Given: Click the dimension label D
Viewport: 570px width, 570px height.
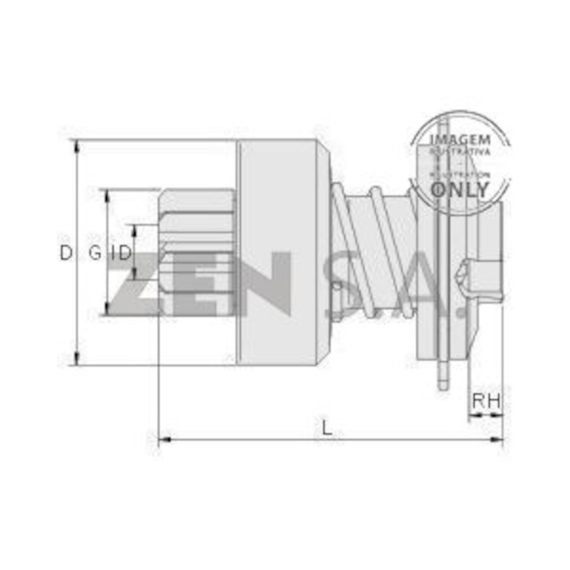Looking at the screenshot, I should (67, 253).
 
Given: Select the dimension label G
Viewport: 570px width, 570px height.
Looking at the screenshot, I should (95, 253).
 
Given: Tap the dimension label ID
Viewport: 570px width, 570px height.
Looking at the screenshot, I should (121, 253).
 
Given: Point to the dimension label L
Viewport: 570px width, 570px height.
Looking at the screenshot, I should (326, 427).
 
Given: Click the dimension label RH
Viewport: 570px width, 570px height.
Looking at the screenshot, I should (486, 401).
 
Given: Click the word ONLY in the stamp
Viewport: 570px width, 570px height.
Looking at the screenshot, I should (459, 189).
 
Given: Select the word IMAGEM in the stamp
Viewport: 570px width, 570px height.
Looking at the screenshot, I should (459, 140).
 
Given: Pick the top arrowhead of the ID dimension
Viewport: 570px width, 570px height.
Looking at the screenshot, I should (135, 229).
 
